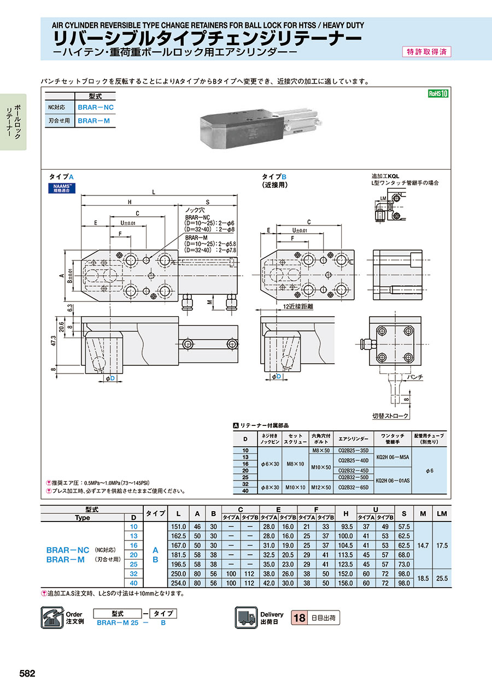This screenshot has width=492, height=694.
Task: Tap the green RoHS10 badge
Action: point(438,93)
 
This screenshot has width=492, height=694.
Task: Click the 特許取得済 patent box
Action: point(426,52)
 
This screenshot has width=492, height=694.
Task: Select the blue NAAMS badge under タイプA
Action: point(60,188)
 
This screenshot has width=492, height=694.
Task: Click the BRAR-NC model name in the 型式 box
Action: point(96,107)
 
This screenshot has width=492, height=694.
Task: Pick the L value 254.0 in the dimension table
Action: point(179,583)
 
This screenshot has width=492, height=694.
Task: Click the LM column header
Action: point(442,514)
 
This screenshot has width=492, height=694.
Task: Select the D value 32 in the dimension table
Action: point(133,573)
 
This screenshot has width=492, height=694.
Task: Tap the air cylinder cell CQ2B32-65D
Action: point(354,487)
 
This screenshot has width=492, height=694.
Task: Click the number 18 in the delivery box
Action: point(300,618)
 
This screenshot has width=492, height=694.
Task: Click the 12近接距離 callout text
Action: point(298,307)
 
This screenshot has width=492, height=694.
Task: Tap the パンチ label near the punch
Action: point(415,377)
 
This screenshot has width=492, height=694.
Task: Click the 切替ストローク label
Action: point(390,416)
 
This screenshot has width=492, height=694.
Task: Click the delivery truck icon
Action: point(246,618)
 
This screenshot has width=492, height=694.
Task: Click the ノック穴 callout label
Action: point(195,210)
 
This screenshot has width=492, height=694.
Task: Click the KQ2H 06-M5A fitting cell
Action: point(393,456)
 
